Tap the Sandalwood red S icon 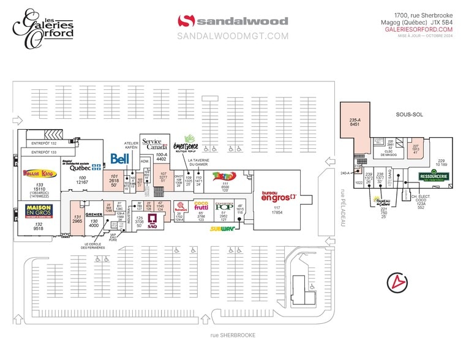pos(184,21)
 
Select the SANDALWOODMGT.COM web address pos(232,36)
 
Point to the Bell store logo pos(118,159)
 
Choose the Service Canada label pos(152,144)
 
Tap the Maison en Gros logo pos(38,210)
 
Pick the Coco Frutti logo pos(201,205)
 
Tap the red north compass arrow pos(399,282)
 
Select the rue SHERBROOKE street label pos(232,335)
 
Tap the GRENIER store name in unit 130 pos(94,214)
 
